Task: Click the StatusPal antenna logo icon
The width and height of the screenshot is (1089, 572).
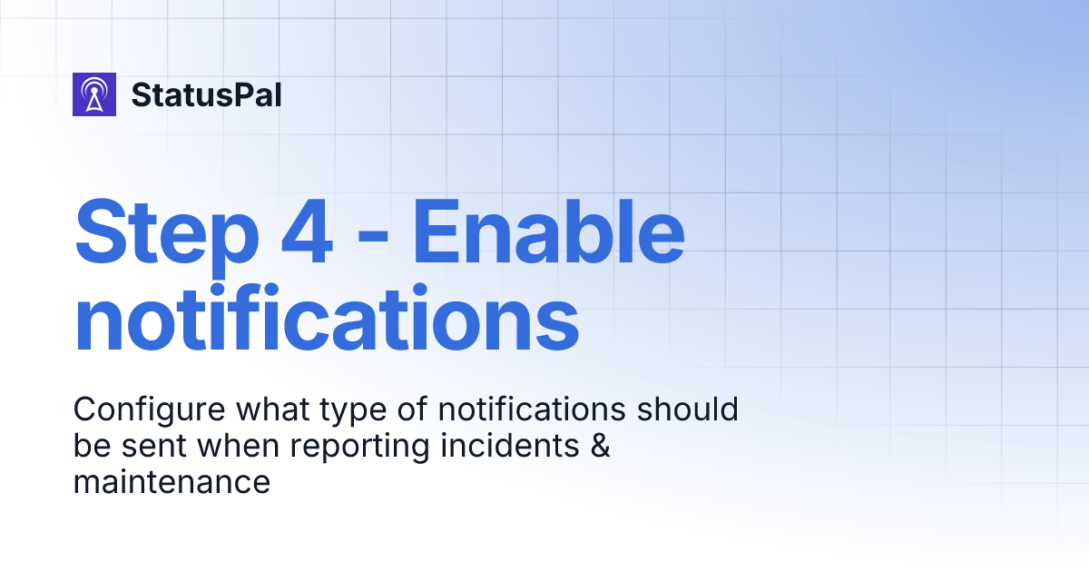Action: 94,94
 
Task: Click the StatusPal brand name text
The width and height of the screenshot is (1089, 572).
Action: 206,94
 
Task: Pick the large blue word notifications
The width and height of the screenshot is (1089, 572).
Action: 327,319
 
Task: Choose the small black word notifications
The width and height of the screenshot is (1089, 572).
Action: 532,409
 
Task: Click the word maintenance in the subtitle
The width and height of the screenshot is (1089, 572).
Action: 172,482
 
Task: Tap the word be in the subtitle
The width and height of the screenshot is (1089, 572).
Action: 89,446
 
